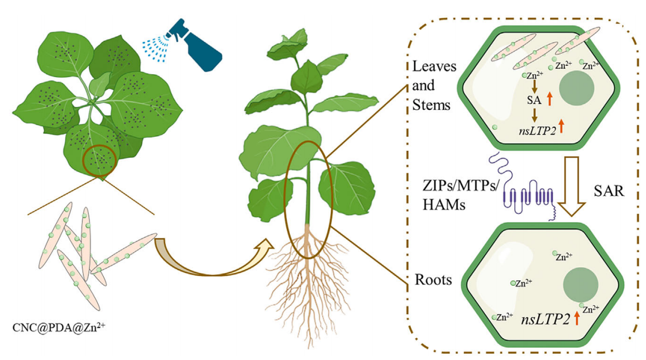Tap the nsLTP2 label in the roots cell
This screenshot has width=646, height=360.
(x=545, y=319)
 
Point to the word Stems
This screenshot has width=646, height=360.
(x=431, y=104)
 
